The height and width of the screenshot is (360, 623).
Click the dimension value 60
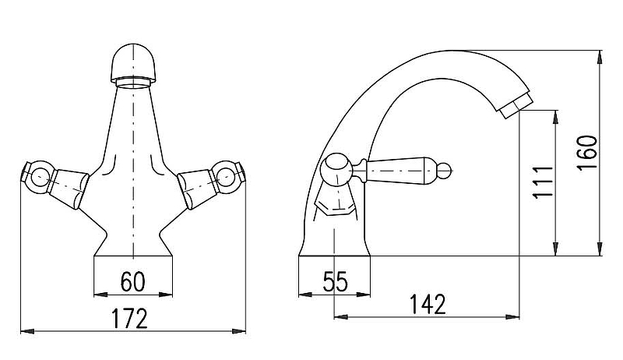[x=133, y=282]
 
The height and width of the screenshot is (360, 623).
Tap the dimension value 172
[x=129, y=319]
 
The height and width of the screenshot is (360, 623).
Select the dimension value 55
[x=335, y=282]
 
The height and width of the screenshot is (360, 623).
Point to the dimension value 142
[x=428, y=305]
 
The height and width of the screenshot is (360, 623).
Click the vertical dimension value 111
[x=543, y=182]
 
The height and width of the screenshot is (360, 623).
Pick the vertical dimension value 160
[x=587, y=153]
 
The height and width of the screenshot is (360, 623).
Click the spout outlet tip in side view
[x=515, y=105]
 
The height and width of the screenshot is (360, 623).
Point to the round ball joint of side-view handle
[x=336, y=169]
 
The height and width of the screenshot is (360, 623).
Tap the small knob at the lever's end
[x=447, y=171]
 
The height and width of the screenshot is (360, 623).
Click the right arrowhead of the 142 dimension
[x=513, y=316]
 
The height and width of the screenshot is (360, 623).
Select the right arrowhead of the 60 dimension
[x=166, y=295]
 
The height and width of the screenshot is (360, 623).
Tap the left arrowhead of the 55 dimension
[x=305, y=295]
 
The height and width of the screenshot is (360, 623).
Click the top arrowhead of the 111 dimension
[x=556, y=116]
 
